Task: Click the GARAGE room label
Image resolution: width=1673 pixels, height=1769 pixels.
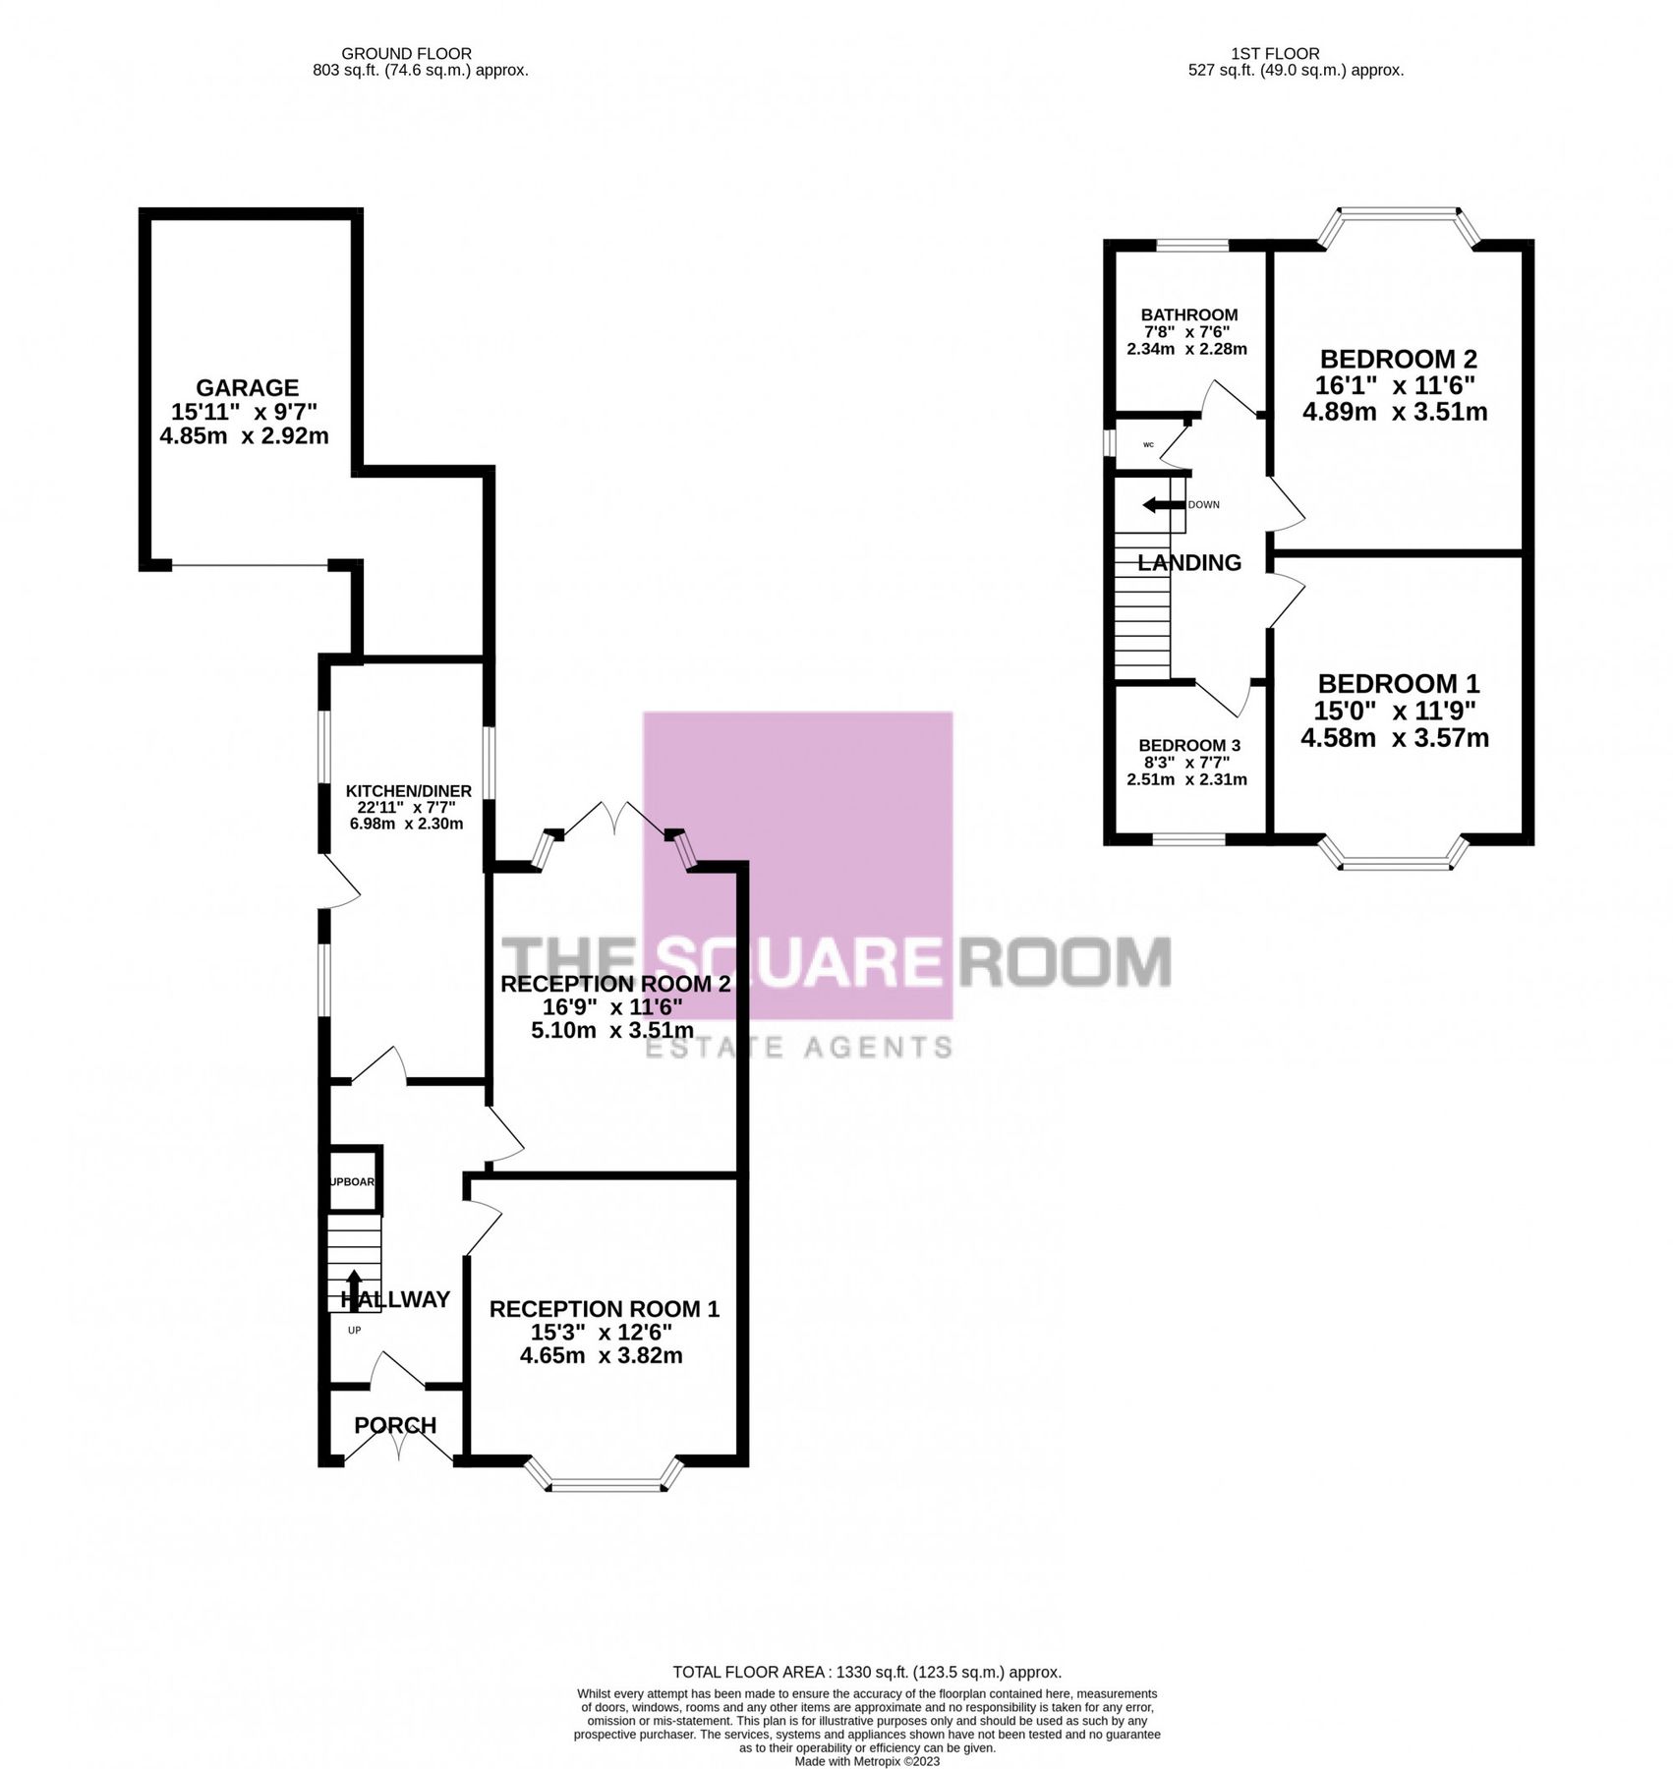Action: click(246, 387)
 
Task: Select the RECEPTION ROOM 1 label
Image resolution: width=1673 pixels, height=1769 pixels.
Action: click(604, 1309)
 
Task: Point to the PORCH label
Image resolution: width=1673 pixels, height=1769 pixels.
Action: click(394, 1425)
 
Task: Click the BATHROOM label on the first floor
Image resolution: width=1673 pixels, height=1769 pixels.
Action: click(1188, 314)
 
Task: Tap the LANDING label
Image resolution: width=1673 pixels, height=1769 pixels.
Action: click(1188, 563)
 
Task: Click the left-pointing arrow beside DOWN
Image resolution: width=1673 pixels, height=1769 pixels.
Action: click(1161, 505)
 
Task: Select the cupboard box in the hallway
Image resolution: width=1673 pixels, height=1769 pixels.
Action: click(353, 1180)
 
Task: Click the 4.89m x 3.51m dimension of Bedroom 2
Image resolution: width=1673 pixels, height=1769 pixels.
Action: click(1394, 412)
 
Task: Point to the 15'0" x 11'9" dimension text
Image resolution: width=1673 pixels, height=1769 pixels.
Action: click(1395, 711)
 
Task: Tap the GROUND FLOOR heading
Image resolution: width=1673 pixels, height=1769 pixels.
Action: click(406, 54)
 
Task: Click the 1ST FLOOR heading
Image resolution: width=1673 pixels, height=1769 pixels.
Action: click(1274, 54)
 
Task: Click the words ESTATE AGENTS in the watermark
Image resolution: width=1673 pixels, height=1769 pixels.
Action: click(797, 1048)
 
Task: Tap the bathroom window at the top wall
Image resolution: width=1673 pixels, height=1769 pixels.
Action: click(1190, 246)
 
